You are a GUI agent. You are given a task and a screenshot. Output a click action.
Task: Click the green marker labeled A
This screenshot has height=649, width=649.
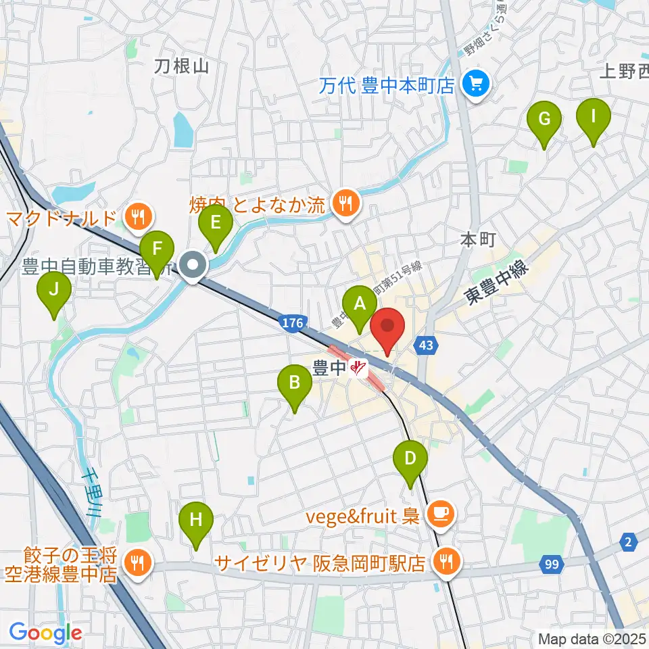coord(359,306)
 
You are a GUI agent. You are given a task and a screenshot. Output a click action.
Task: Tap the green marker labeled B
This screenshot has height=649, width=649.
coord(295,385)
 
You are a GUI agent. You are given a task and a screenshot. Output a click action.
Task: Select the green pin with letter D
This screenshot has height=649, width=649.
coord(410,460)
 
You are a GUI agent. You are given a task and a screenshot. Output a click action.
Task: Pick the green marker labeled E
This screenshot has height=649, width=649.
coord(216,224)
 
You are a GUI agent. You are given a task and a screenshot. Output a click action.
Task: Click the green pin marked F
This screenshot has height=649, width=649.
coord(157,250)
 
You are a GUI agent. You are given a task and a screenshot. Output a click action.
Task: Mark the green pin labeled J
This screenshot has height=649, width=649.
coord(55,291)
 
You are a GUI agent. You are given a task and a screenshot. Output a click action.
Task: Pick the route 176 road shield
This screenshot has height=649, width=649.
coord(292,323)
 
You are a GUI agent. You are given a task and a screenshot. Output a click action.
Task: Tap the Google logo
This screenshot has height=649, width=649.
coord(45,633)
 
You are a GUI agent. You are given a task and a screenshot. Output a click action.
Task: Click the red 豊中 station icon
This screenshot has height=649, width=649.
coord(358,368)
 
